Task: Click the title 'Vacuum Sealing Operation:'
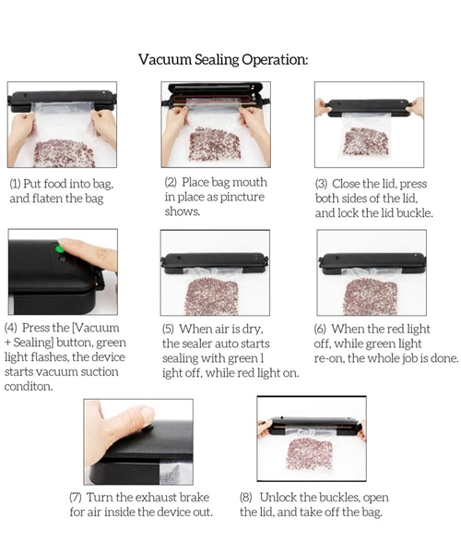223,59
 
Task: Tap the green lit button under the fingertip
59,248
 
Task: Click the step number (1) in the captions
15,184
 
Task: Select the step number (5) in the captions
168,329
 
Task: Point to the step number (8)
246,498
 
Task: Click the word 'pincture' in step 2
242,198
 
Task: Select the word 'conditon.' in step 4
29,387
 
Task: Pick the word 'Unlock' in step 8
278,498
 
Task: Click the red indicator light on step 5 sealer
256,257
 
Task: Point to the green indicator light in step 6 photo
416,255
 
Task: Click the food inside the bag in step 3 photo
366,142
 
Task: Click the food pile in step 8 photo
311,454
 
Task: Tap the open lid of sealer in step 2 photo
216,89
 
